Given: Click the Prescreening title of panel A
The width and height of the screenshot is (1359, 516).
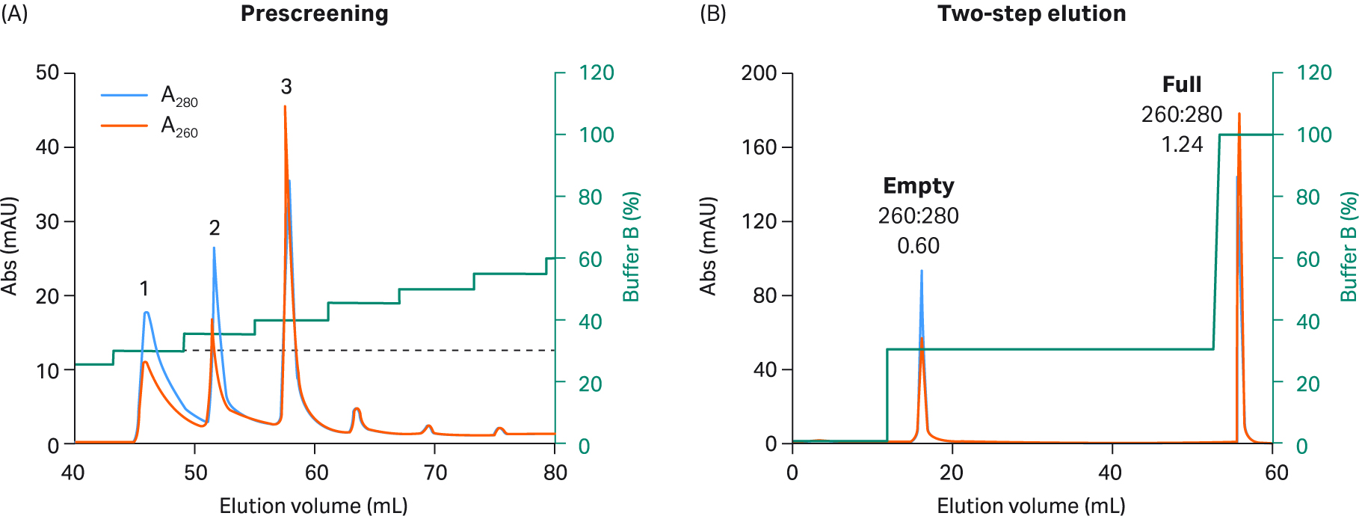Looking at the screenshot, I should (314, 13).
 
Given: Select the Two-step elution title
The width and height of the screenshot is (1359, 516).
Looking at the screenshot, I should (1032, 13).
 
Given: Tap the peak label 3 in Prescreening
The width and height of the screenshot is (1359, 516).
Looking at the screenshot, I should (286, 87).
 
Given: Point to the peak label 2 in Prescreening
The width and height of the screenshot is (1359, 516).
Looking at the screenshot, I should (215, 227).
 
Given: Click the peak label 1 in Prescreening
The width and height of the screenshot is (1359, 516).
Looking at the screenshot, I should (144, 288).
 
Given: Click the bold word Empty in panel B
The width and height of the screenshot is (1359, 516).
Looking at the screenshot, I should (918, 185).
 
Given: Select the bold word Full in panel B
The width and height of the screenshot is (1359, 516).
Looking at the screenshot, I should (1182, 85).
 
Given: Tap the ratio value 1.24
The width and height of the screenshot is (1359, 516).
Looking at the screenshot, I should (1182, 144).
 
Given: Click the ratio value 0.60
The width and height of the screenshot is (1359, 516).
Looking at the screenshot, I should (918, 245).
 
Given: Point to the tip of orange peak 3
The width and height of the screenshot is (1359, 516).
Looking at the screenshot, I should (285, 107).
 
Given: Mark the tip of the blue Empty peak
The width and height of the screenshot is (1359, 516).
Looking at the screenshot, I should (921, 271).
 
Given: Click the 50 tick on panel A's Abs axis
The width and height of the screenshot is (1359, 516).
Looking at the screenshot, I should (47, 73).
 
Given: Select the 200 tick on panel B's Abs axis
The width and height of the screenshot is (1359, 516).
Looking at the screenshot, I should (759, 73).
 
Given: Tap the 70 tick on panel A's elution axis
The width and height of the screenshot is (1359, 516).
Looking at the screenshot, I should (435, 473).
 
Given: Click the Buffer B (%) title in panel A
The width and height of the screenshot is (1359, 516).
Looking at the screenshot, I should (632, 247).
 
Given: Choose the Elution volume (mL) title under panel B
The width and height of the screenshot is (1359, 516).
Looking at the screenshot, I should (1031, 506).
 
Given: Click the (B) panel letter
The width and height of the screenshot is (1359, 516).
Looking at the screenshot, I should (712, 13).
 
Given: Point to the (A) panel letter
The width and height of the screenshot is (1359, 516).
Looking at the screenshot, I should (14, 13).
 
